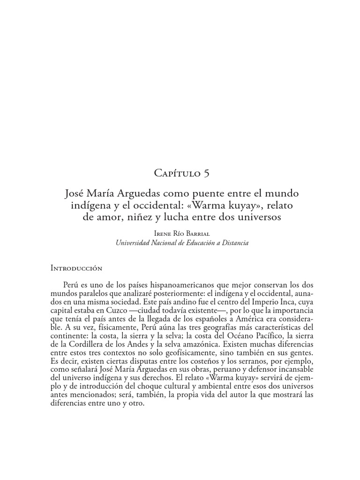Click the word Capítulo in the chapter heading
tap(176, 173)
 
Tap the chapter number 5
tap(206, 173)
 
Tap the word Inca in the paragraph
tap(276, 302)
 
